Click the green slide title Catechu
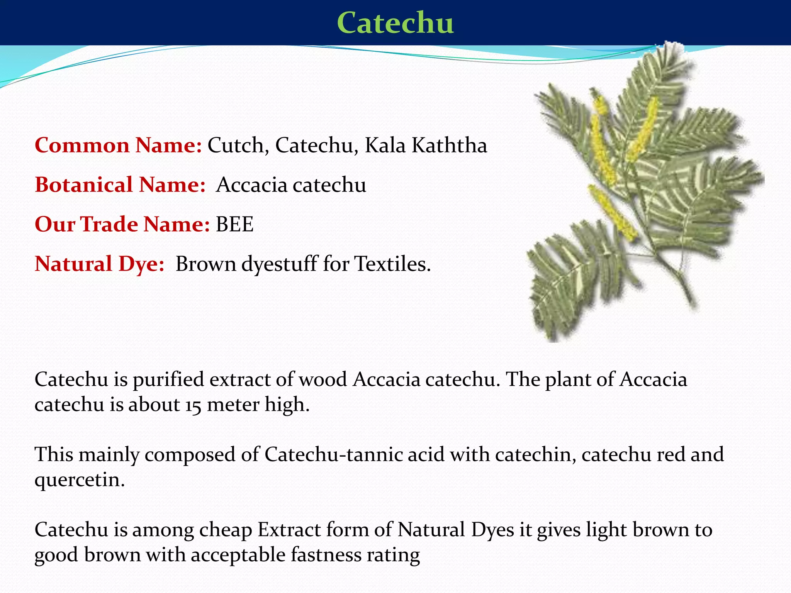[x=395, y=23]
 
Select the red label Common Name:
[x=118, y=146]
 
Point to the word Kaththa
[x=449, y=146]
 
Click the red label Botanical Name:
[x=120, y=185]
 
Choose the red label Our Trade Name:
[x=122, y=224]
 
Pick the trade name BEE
[x=234, y=224]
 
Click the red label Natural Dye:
[x=100, y=264]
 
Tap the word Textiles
[x=392, y=264]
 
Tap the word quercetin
[x=80, y=480]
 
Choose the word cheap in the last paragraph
[x=226, y=530]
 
